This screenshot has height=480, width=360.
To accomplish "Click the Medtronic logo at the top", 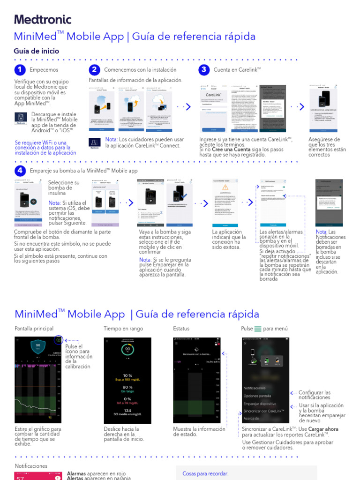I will point(43,19).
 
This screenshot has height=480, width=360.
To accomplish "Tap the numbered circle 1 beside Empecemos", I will point(20,70).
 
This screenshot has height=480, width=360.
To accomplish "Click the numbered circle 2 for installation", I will point(94,70).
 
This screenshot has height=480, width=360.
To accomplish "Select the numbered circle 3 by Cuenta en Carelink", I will point(203,70).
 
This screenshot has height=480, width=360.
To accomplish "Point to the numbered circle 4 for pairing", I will point(20,171).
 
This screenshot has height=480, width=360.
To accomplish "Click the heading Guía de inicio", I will point(37,51).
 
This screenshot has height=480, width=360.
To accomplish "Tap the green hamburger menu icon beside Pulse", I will point(258,329).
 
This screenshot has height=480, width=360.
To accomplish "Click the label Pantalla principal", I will point(34,329).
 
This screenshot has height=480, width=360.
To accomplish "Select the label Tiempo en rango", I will point(123,329).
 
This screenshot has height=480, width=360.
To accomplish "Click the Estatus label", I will point(181,329).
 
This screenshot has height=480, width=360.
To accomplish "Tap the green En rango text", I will point(127,391).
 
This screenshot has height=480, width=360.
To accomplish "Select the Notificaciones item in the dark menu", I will point(255,388).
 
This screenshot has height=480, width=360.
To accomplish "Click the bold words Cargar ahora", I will point(323,429).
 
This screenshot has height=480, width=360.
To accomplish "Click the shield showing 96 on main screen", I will point(38,346).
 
